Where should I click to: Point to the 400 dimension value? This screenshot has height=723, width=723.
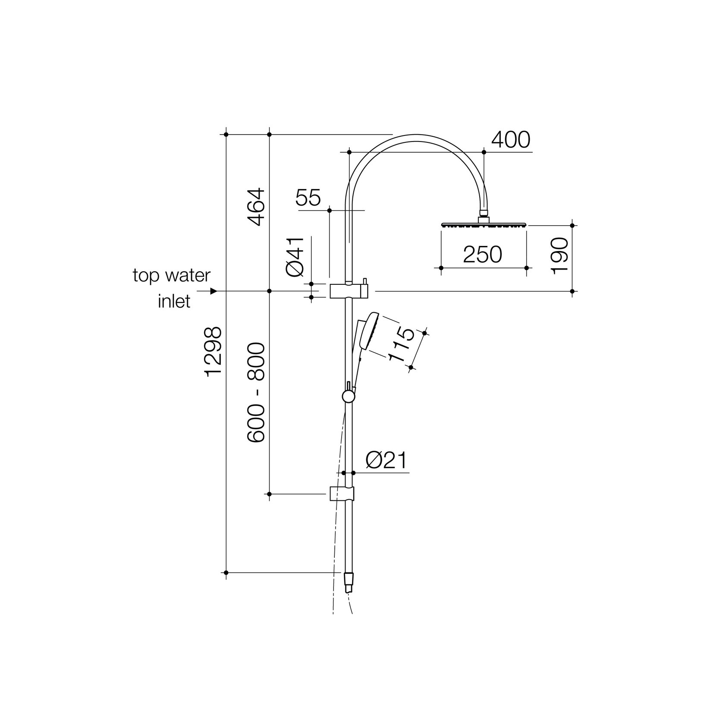click(x=511, y=139)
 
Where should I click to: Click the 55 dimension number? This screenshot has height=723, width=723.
click(x=308, y=198)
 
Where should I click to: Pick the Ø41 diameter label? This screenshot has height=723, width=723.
click(x=295, y=256)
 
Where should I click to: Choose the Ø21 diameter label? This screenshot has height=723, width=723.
click(x=386, y=461)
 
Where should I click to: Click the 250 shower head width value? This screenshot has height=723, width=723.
click(x=483, y=255)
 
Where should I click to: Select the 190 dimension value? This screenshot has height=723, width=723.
click(x=560, y=255)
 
